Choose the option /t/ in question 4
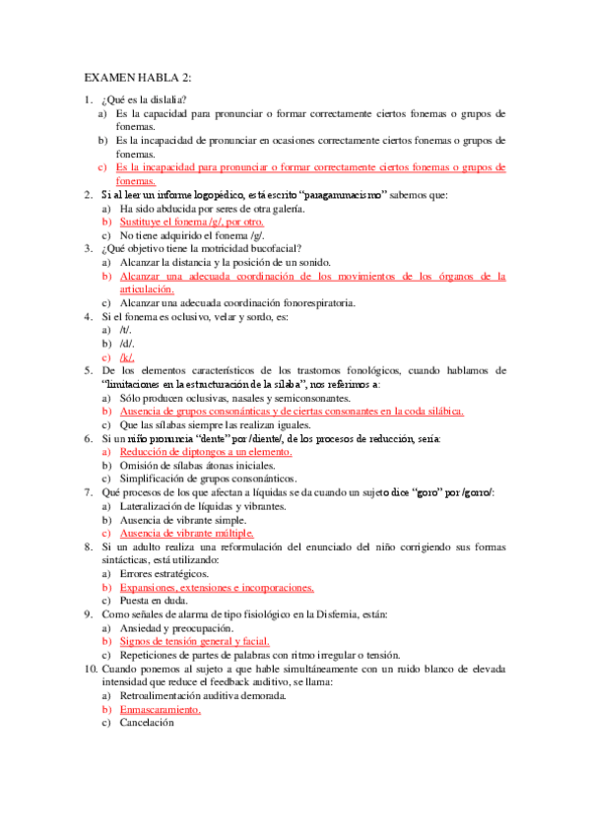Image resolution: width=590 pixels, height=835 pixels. click(124, 331)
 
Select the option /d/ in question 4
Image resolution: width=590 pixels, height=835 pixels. click(125, 345)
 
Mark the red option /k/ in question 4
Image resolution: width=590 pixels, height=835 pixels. click(126, 357)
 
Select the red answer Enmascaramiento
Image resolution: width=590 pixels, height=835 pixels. click(160, 709)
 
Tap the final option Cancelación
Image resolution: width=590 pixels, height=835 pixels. click(146, 723)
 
